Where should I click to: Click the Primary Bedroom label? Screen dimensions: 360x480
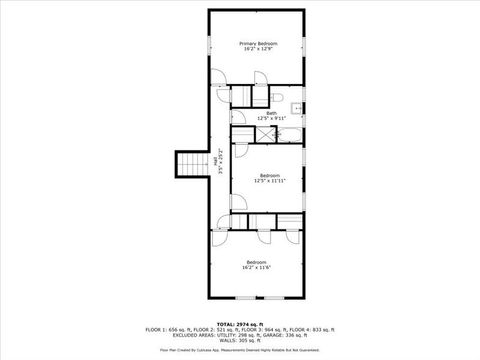click(x=258, y=43)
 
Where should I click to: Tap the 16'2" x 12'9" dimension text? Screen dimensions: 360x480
click(x=258, y=49)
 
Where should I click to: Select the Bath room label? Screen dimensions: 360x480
click(x=271, y=112)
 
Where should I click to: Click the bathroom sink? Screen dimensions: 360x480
click(x=296, y=109)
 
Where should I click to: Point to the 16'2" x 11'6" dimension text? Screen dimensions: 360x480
click(x=258, y=268)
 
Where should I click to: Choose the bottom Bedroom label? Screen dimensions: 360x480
click(x=258, y=262)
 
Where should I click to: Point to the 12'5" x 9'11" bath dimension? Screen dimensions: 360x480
click(x=271, y=118)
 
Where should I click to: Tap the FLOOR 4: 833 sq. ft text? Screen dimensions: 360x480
click(x=317, y=328)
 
